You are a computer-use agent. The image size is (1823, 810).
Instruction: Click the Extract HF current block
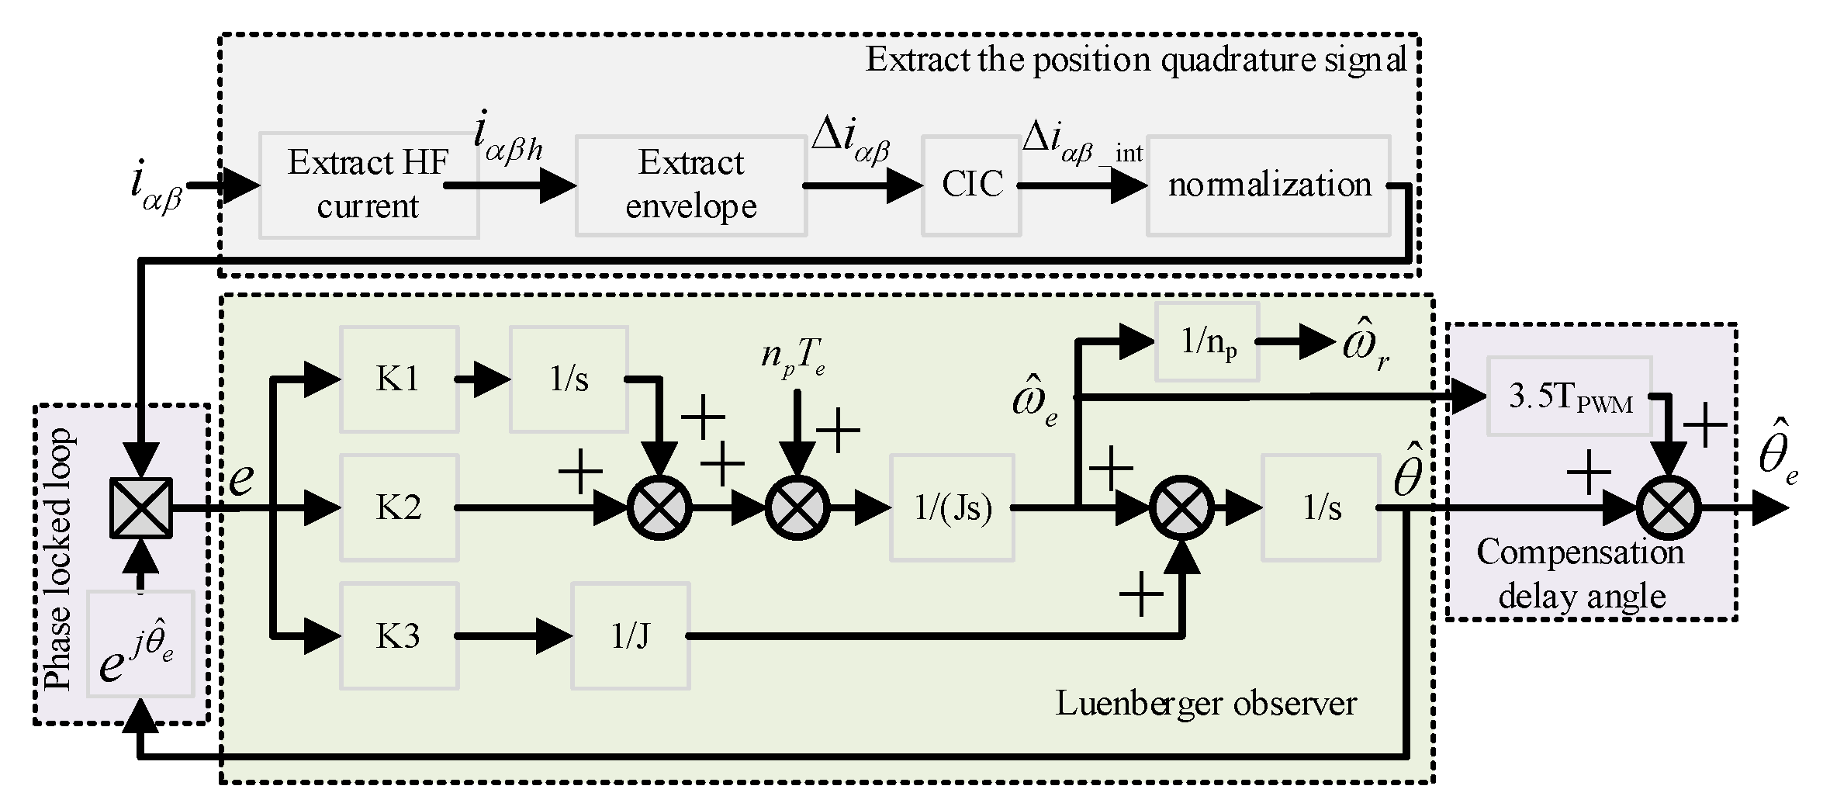pos(368,185)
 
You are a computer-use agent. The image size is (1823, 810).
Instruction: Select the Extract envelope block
pos(690,185)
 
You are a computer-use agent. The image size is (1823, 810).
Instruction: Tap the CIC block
pos(971,185)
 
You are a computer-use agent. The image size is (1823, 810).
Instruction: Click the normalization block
pos(1268,185)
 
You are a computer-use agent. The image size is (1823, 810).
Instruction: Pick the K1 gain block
pos(399,379)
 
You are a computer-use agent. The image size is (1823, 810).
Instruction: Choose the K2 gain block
pos(399,508)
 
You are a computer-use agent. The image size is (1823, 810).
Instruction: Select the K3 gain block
pos(399,637)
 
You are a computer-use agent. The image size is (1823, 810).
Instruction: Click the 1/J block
pos(630,637)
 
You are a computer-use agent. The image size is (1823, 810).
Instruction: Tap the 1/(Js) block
pos(952,508)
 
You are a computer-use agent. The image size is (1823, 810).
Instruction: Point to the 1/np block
pos(1206,341)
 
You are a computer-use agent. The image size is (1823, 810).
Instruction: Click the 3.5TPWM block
pos(1569,396)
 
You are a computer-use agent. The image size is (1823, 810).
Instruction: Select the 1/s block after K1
pos(568,379)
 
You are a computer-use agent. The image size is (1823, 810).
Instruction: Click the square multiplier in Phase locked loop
pos(140,508)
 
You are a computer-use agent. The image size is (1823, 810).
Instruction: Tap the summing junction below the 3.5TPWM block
pos(1669,508)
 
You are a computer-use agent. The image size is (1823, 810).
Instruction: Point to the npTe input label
pos(792,356)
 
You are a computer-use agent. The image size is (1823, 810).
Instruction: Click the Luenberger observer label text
pos(1206,704)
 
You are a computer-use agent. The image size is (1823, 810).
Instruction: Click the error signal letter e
pos(241,478)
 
